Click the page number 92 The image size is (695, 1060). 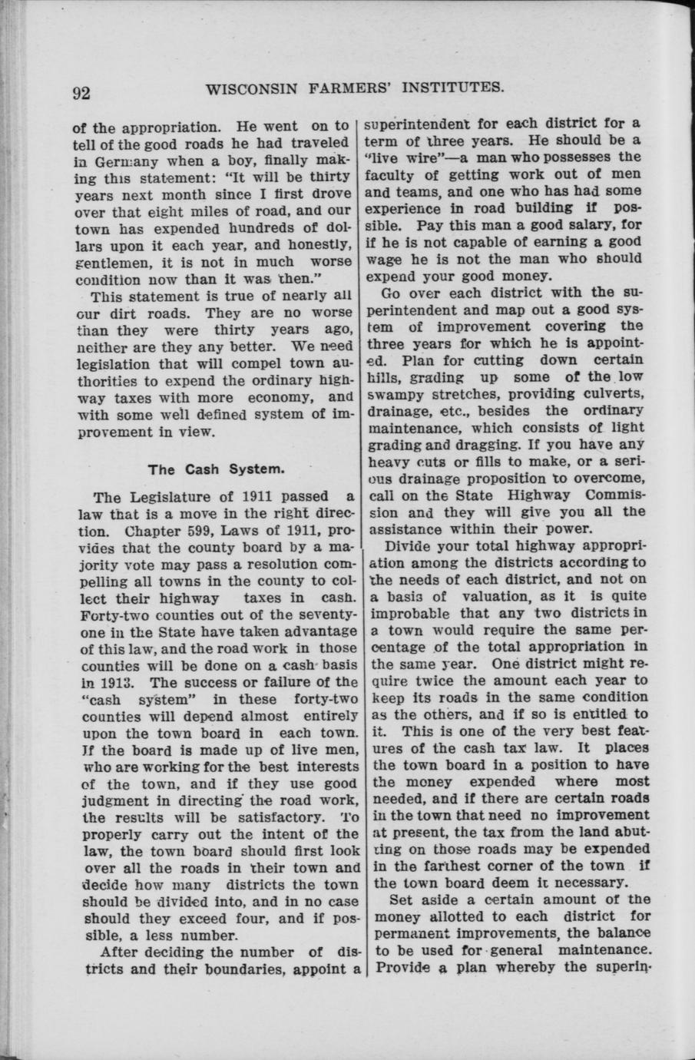click(x=82, y=93)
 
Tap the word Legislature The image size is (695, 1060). click(x=158, y=497)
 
